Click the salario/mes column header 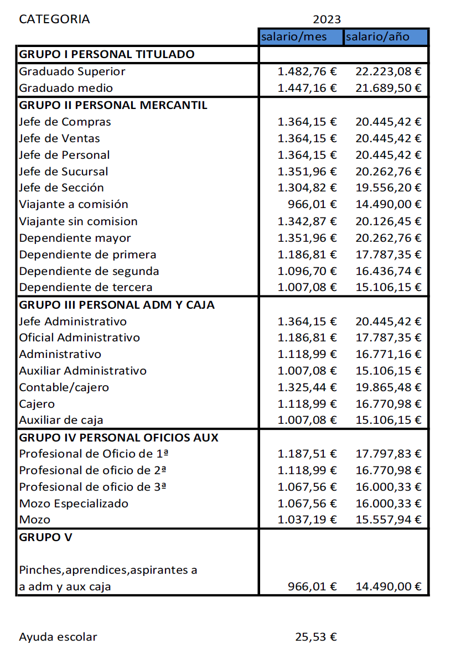pyautogui.click(x=294, y=37)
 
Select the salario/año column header pyautogui.click(x=378, y=37)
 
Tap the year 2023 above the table pyautogui.click(x=327, y=19)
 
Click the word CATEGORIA pyautogui.click(x=54, y=19)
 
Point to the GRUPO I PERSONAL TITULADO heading pyautogui.click(x=106, y=54)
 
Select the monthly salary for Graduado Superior pyautogui.click(x=307, y=71)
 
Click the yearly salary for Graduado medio pyautogui.click(x=388, y=88)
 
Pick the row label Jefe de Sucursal pyautogui.click(x=64, y=172)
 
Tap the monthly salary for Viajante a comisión pyautogui.click(x=312, y=205)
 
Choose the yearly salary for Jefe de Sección pyautogui.click(x=388, y=188)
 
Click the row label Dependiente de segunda pyautogui.click(x=89, y=271)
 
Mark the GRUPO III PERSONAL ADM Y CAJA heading pyautogui.click(x=117, y=305)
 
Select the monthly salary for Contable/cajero pyautogui.click(x=307, y=387)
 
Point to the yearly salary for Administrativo pyautogui.click(x=388, y=354)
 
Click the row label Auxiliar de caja pyautogui.click(x=61, y=420)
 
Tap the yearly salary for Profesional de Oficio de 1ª pyautogui.click(x=388, y=454)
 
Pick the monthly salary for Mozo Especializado pyautogui.click(x=307, y=504)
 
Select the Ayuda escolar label pyautogui.click(x=58, y=637)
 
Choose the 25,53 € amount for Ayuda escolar pyautogui.click(x=316, y=637)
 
